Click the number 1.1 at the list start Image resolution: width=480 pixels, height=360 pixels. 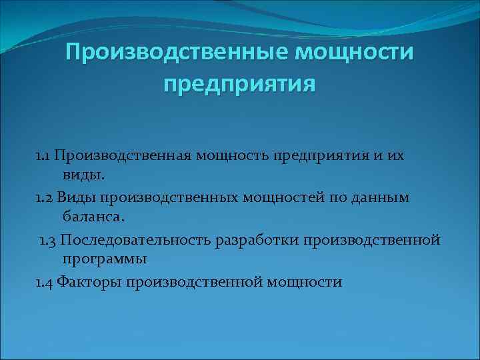(x=43, y=155)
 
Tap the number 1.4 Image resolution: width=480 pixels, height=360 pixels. (x=45, y=282)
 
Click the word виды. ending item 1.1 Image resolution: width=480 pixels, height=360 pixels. (x=83, y=176)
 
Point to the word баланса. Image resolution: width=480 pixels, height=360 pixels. (x=94, y=218)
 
